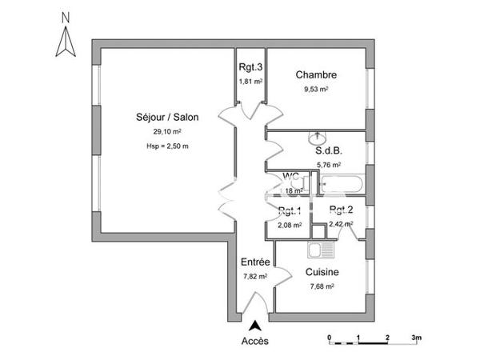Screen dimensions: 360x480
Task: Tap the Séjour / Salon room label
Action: point(167,117)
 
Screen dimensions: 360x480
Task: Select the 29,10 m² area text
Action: point(167,131)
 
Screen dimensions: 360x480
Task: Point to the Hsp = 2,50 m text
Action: point(167,146)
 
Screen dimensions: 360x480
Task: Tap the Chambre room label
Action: point(316,75)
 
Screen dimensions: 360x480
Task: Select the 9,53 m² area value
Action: point(316,89)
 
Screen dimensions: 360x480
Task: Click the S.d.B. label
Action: point(328,151)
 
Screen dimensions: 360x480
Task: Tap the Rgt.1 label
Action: point(289,211)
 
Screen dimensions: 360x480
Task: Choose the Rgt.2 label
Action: point(342,210)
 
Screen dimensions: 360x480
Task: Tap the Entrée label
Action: point(254,262)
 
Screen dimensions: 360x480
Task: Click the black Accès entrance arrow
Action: point(255,326)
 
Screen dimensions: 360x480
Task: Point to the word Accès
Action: point(255,340)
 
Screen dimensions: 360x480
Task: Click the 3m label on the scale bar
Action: point(417,338)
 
